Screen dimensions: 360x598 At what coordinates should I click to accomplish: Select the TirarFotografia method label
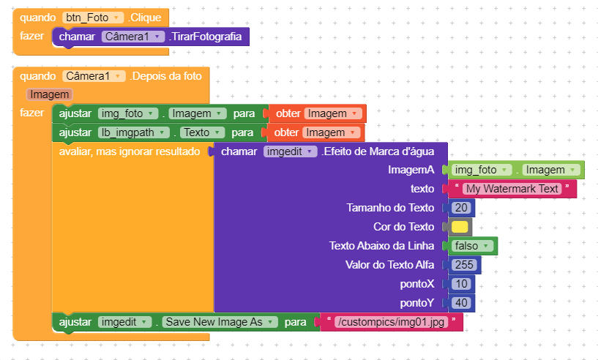[208, 37]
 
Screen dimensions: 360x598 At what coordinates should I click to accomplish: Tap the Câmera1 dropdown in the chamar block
[133, 37]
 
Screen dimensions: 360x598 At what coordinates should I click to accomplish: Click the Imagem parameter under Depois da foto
[50, 94]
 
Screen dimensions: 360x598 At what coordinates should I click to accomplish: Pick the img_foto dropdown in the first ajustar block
[128, 113]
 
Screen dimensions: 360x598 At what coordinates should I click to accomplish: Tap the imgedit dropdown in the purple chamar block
[290, 151]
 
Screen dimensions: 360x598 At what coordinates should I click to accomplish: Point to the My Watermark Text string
[512, 189]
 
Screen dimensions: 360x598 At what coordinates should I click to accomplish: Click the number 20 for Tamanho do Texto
[461, 208]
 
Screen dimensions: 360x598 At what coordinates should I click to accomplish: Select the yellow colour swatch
[460, 227]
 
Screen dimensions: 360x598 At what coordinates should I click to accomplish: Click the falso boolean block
[473, 246]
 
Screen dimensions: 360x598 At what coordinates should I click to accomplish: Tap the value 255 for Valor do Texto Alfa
[464, 265]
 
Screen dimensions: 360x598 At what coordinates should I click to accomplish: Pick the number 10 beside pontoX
[461, 284]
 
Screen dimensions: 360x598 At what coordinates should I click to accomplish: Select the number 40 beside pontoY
[461, 302]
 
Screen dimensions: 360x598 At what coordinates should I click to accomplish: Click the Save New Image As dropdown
[220, 322]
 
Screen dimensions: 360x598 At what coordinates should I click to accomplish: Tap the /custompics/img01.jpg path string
[391, 322]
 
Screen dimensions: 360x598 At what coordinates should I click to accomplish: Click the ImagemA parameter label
[411, 170]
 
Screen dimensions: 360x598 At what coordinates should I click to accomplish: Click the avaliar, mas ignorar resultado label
[129, 151]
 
